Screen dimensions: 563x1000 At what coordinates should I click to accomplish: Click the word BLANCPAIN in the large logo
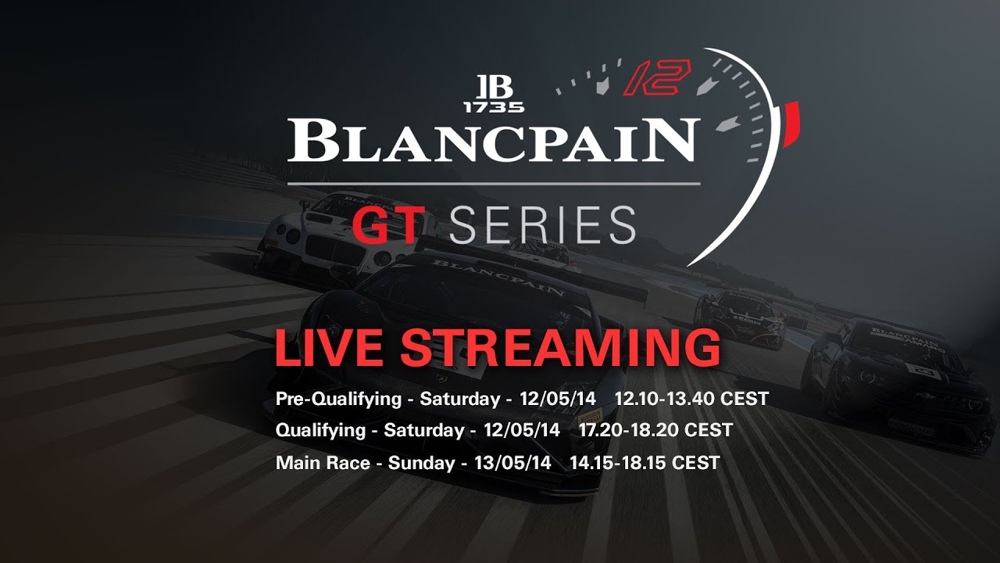pyautogui.click(x=491, y=142)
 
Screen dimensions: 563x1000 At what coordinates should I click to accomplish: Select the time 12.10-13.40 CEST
pyautogui.click(x=691, y=399)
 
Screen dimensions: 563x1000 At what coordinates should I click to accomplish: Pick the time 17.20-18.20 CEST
pyautogui.click(x=655, y=430)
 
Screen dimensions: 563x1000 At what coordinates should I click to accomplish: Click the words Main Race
pyautogui.click(x=323, y=463)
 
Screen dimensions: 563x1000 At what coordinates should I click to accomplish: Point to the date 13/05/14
pyautogui.click(x=512, y=463)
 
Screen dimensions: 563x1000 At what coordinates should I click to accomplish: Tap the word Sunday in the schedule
pyautogui.click(x=421, y=463)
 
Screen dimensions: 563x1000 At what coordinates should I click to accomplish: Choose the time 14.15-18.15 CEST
pyautogui.click(x=644, y=463)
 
